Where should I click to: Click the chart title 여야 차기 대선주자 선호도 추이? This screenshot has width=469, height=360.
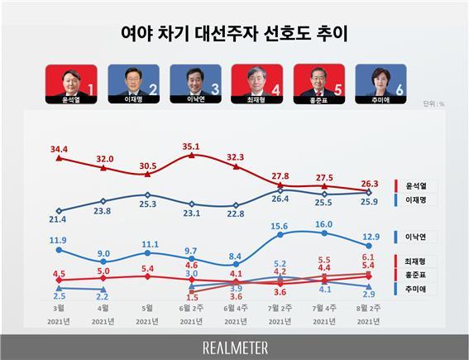(x=234, y=34)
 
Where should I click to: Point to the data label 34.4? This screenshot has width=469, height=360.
(x=59, y=149)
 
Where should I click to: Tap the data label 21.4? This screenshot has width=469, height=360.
(x=58, y=220)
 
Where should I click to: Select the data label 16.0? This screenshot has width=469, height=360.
(x=323, y=223)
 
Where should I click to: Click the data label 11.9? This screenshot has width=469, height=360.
(x=58, y=240)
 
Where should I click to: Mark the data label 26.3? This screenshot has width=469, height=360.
(x=369, y=184)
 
